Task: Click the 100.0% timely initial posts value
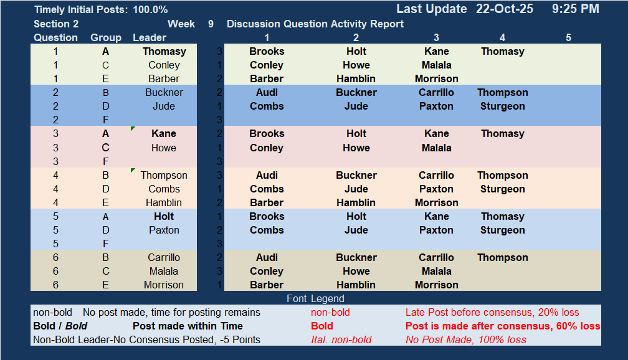[150, 9]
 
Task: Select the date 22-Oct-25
[504, 9]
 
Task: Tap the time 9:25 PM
[576, 9]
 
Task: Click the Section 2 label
[56, 24]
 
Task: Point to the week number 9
[211, 24]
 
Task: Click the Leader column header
[150, 37]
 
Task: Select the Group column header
[106, 37]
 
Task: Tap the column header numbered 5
[568, 37]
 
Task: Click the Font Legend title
[315, 299]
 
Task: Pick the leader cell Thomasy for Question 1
[164, 51]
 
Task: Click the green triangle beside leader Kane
[133, 128]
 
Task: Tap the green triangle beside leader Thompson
[133, 170]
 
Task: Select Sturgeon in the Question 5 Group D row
[502, 230]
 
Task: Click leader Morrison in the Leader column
[164, 285]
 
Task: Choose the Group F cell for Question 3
[105, 161]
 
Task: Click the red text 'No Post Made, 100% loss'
[466, 340]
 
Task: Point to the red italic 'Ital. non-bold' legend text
[341, 340]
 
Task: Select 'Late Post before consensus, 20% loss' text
[492, 312]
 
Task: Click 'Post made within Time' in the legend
[188, 326]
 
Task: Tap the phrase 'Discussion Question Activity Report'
[315, 24]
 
